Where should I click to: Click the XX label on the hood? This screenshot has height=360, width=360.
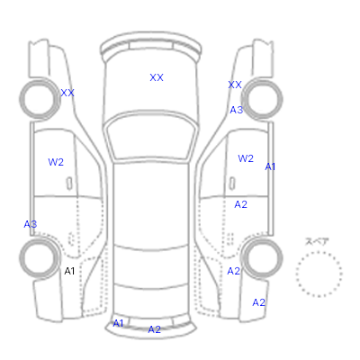coord(157,77)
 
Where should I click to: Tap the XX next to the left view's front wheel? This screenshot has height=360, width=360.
coord(67,93)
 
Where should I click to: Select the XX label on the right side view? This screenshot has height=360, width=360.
coord(235,85)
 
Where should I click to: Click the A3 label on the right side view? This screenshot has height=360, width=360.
coord(237,110)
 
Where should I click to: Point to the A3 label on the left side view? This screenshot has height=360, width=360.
coord(31,224)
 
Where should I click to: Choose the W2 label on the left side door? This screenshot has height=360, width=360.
coord(56,162)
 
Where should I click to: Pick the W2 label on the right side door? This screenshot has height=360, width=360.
coord(246,158)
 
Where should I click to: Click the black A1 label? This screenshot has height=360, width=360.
coord(69,271)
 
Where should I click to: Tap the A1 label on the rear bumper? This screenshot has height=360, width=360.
coord(118,323)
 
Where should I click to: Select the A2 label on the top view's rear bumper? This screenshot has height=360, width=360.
coord(155,329)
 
